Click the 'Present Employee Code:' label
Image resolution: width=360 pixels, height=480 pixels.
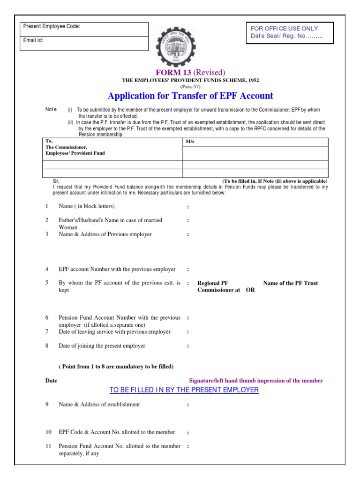pos(52,27)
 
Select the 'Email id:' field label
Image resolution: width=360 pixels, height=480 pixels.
pos(33,40)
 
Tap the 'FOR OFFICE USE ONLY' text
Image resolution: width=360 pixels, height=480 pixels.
pos(285,29)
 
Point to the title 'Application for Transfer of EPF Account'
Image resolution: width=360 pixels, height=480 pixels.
pos(190,96)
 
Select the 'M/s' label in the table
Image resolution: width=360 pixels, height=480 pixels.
pos(189,141)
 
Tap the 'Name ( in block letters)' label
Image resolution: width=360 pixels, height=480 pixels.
pos(86,206)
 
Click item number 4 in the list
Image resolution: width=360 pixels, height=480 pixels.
pos(47,270)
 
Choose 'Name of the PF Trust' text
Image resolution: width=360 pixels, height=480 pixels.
pos(291,283)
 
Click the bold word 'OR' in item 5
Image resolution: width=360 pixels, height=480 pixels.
pos(250,290)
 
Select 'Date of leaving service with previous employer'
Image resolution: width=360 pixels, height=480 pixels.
pos(114,332)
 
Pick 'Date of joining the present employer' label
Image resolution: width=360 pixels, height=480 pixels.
pos(102,346)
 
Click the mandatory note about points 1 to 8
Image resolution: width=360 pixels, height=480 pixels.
pos(116,366)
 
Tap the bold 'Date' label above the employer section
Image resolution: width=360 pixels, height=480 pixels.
pos(51,381)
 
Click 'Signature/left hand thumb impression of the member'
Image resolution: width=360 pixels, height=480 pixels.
pos(255,381)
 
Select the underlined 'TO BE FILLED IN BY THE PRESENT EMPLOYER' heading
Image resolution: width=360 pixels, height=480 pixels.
pos(184,390)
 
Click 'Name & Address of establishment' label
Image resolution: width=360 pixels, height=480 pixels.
pos(99,404)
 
